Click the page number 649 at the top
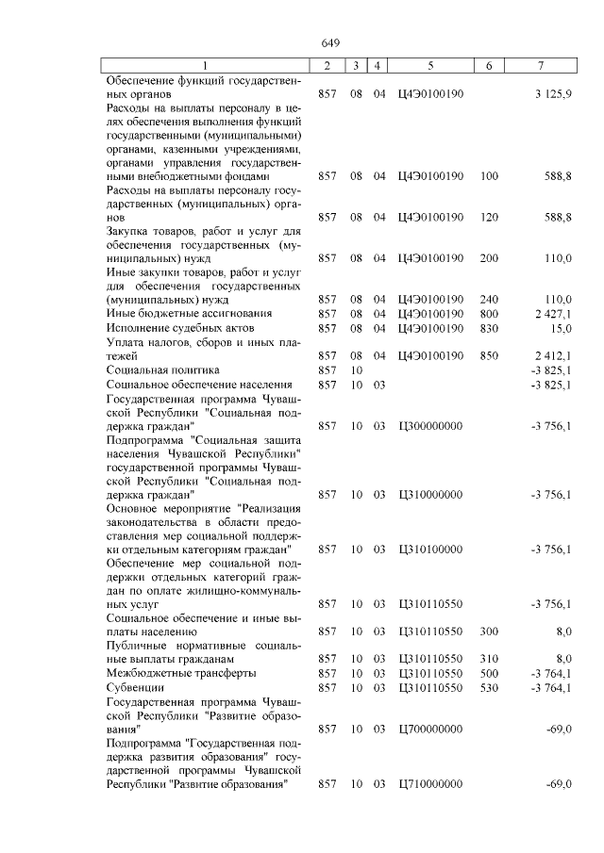pos(330,42)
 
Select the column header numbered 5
pos(430,65)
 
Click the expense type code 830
pos(489,328)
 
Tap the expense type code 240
pos(489,299)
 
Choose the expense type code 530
pos(489,688)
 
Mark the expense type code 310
pos(489,659)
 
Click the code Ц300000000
pos(430,426)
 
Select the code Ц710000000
pos(430,784)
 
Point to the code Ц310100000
pos(430,549)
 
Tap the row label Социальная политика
pos(162,370)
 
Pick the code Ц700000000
pos(430,730)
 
